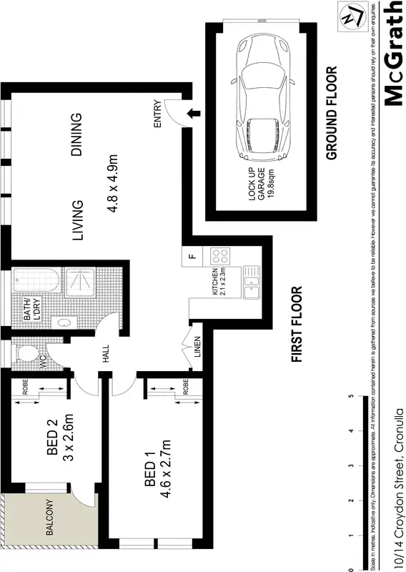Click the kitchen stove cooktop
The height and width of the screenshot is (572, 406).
pos(217,256)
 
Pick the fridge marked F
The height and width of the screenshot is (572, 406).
pos(192,256)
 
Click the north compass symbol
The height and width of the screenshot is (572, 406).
pos(350,16)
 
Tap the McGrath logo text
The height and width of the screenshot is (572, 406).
pos(395,54)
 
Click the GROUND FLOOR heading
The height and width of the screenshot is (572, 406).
pos(332,114)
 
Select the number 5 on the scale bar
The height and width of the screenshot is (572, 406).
pos(350,398)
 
